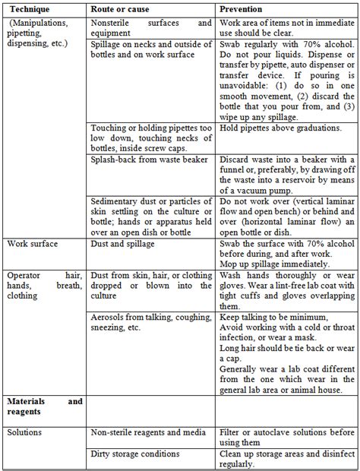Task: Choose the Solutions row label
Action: coord(26,432)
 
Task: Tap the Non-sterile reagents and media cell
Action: coord(147,432)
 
